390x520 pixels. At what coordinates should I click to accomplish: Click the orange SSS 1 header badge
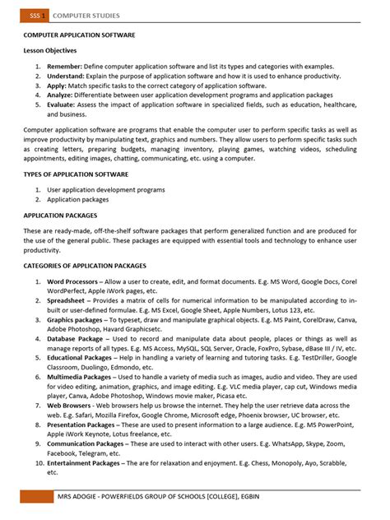pyautogui.click(x=36, y=15)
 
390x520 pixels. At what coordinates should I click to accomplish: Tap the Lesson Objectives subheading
pyautogui.click(x=50, y=51)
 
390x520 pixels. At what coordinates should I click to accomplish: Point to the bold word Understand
pyautogui.click(x=67, y=76)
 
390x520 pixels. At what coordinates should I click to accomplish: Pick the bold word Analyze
pyautogui.click(x=61, y=95)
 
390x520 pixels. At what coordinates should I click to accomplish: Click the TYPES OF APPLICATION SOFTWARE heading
pyautogui.click(x=76, y=174)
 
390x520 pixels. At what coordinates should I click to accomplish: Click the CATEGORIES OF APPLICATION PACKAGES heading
pyautogui.click(x=85, y=266)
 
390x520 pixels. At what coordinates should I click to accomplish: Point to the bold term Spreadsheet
pyautogui.click(x=67, y=301)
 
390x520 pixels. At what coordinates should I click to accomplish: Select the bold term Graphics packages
pyautogui.click(x=77, y=321)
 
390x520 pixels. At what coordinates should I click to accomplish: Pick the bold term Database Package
pyautogui.click(x=75, y=339)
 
